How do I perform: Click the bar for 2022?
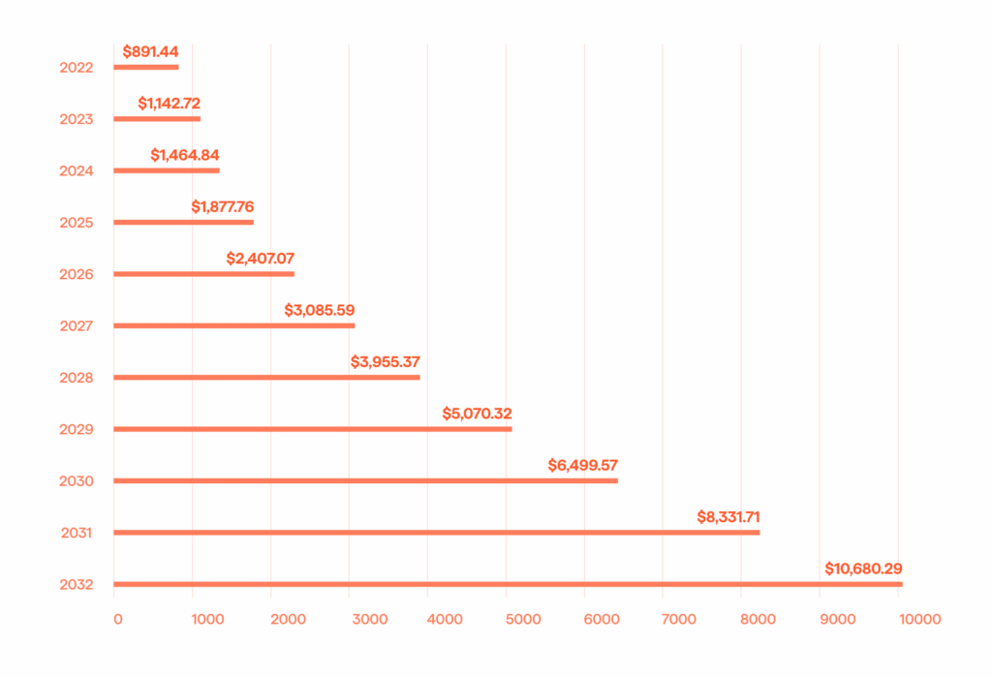point(146,67)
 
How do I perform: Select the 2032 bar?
point(508,584)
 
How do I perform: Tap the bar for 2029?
point(313,429)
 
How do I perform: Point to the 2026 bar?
point(204,274)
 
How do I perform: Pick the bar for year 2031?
point(437,532)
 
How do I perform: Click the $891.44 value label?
point(150,50)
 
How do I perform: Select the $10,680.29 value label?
point(863,569)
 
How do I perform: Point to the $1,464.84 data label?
point(192,155)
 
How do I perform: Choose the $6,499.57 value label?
point(582,465)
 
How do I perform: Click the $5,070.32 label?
point(477,414)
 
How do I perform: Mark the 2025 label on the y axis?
point(76,223)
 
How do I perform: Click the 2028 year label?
point(76,378)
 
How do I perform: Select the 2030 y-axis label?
point(76,481)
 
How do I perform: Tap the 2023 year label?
point(76,119)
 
